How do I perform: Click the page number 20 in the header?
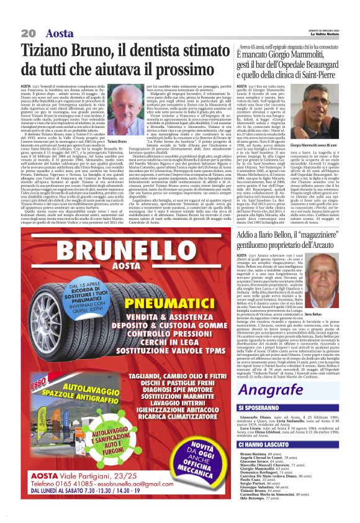29,32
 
